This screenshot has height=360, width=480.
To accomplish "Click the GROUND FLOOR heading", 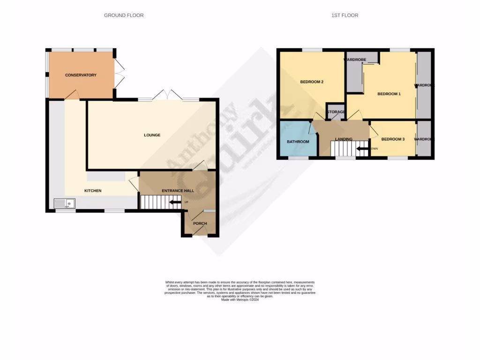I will (124, 15).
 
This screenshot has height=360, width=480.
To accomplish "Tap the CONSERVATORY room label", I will (81, 75).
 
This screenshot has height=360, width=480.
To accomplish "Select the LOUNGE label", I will (152, 135).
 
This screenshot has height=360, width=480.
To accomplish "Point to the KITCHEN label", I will (93, 191).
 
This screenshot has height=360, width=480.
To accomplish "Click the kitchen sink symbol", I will (65, 203).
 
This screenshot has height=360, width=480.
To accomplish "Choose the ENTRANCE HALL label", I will (177, 191).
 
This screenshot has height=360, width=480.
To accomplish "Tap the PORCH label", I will (200, 224).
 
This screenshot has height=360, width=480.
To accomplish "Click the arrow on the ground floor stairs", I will (175, 202).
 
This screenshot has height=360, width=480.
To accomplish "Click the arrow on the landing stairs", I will (362, 149).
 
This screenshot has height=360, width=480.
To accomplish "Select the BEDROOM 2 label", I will (312, 82).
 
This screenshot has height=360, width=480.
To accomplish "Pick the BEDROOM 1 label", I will (389, 94).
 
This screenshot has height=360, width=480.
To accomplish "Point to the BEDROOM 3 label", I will (393, 139).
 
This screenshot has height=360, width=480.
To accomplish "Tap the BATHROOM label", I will (298, 142).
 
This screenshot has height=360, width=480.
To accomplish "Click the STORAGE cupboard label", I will (336, 112).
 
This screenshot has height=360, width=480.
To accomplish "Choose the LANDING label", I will (344, 139).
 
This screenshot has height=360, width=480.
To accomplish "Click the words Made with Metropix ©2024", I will (240, 300).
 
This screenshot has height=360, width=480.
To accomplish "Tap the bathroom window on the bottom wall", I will (298, 158).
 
